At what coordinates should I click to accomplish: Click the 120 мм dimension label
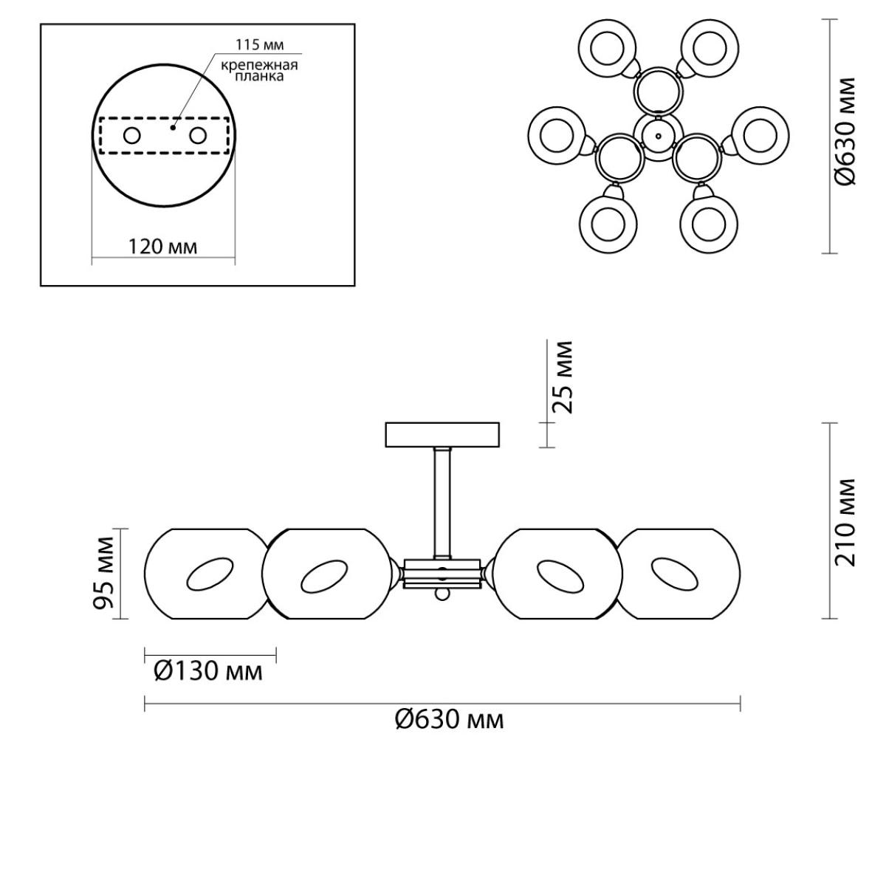pyautogui.click(x=162, y=247)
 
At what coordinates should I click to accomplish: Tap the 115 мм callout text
pyautogui.click(x=260, y=44)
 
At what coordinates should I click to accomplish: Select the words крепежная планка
pyautogui.click(x=259, y=70)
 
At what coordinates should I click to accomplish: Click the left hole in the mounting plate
pyautogui.click(x=132, y=136)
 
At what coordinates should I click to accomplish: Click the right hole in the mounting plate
pyautogui.click(x=199, y=136)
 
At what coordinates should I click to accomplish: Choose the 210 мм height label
pyautogui.click(x=845, y=522)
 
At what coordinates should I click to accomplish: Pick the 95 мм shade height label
pyautogui.click(x=103, y=573)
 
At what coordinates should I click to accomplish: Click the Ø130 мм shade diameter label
pyautogui.click(x=207, y=671)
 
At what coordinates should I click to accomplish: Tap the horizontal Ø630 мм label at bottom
pyautogui.click(x=449, y=720)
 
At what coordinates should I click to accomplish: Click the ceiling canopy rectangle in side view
pyautogui.click(x=442, y=434)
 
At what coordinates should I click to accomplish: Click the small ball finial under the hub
pyautogui.click(x=442, y=594)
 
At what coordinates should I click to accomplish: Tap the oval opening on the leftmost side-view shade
pyautogui.click(x=209, y=574)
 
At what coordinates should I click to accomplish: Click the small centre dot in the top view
pyautogui.click(x=658, y=136)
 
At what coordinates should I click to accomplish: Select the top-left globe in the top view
pyautogui.click(x=608, y=48)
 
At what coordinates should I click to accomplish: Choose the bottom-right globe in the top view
pyautogui.click(x=709, y=225)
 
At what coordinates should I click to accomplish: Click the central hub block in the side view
pyautogui.click(x=442, y=574)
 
